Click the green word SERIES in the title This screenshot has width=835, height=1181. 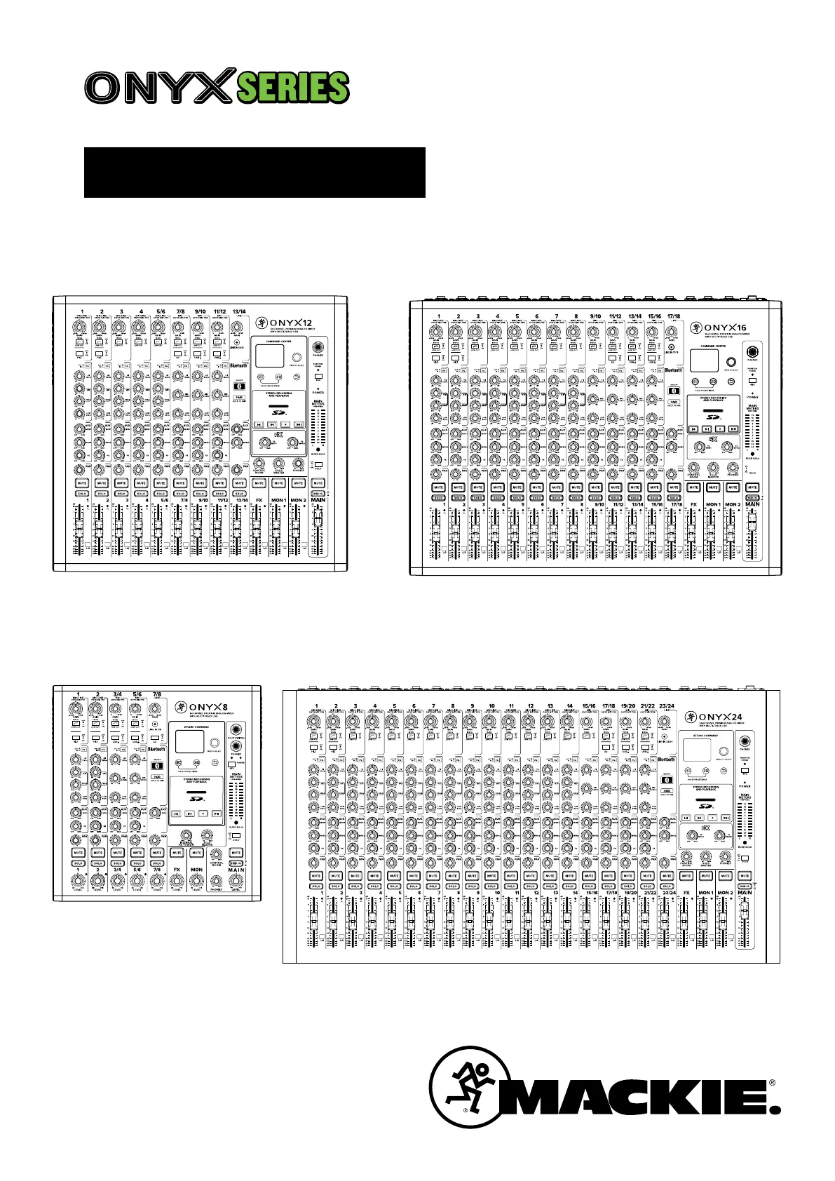coord(292,88)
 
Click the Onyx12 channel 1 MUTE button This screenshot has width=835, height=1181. coord(82,483)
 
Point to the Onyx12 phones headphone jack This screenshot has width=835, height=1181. coord(318,348)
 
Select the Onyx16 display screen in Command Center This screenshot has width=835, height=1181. coord(704,360)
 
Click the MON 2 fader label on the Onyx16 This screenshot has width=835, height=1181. coord(733,504)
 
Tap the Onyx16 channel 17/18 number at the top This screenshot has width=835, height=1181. coord(674,316)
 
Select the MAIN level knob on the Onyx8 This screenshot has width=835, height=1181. coord(236,881)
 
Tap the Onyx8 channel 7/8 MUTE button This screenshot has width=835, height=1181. coord(157,853)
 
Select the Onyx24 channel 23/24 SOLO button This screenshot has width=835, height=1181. coord(667,886)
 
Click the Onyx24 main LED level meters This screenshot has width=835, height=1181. coord(745,821)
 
